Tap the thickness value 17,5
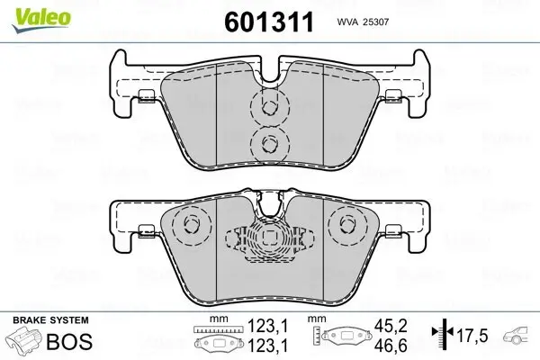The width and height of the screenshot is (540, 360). coord(471,336)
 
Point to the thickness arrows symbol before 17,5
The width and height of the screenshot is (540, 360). coord(440,336)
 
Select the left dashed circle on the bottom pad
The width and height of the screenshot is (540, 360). coord(190,226)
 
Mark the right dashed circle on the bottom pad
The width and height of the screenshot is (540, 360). coord(346,226)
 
